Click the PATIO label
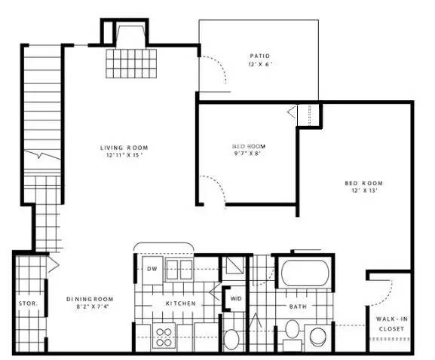click(259, 56)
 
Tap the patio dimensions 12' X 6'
click(259, 65)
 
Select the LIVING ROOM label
click(124, 147)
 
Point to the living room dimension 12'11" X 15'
click(124, 156)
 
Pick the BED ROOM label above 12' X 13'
click(365, 183)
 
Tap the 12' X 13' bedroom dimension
click(365, 192)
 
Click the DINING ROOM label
click(93, 297)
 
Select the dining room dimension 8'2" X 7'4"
click(93, 307)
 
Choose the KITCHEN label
click(181, 304)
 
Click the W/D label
click(236, 298)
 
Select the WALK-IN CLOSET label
click(392, 324)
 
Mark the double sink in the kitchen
click(180, 270)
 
